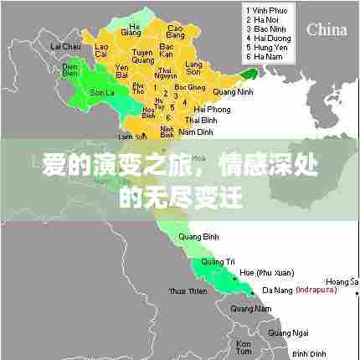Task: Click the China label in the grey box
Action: tap(327, 29)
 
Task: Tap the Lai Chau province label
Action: tap(66, 46)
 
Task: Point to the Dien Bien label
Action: tap(70, 69)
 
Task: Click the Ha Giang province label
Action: tap(131, 29)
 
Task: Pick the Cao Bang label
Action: tap(176, 32)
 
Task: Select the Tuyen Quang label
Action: tap(145, 56)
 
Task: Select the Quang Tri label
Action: tap(217, 262)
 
